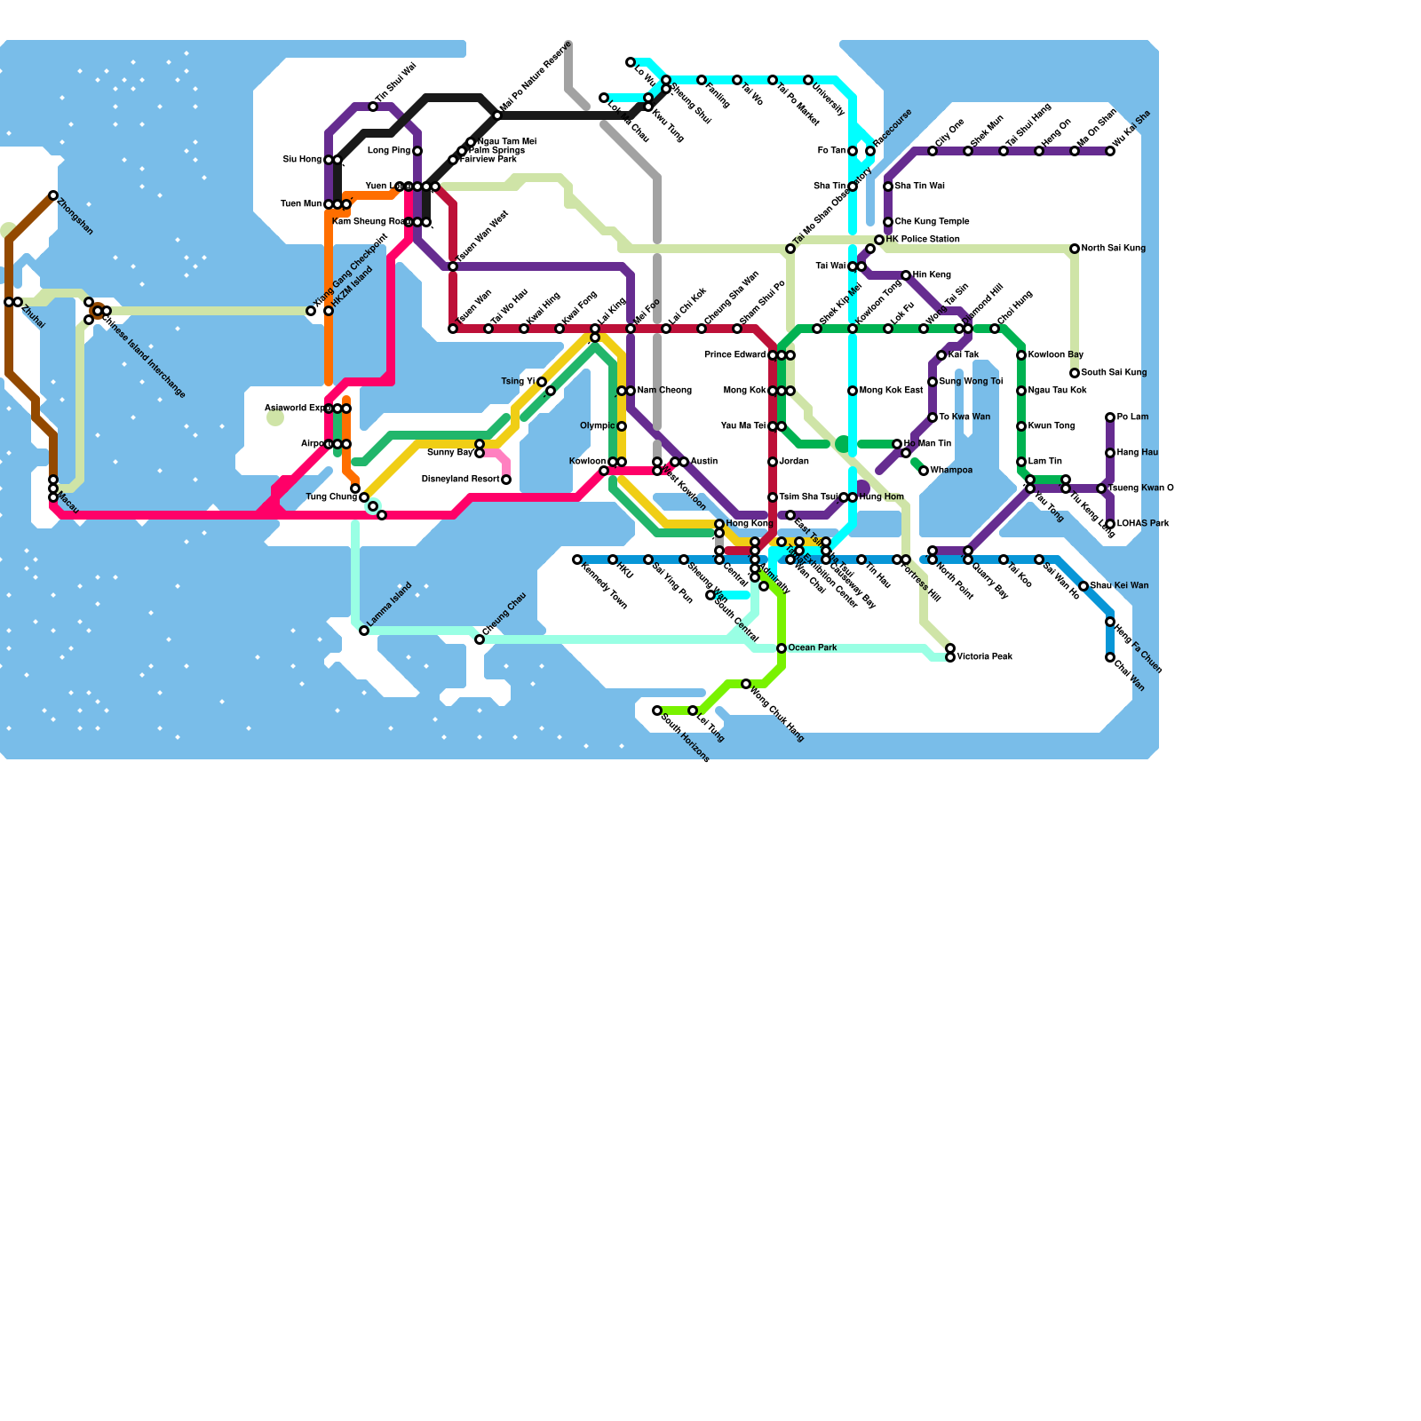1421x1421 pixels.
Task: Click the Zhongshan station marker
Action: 53,195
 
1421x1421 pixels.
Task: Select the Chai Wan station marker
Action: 1110,657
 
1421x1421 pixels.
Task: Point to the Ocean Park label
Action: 813,648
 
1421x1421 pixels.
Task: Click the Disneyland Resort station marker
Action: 506,480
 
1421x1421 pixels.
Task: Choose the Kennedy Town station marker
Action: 577,560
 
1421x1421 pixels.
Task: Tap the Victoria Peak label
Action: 985,657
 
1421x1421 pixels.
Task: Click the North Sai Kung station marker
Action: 1075,249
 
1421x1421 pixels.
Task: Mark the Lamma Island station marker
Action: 364,631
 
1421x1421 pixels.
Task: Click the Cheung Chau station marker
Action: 480,639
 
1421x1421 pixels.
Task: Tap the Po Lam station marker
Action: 1110,417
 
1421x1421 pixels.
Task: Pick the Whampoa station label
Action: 951,471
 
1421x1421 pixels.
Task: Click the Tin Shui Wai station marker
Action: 373,107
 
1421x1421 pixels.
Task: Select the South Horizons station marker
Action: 657,710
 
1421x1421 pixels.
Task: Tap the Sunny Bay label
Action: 450,453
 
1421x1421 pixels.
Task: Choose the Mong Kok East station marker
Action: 853,391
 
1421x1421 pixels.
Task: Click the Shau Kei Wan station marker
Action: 1084,586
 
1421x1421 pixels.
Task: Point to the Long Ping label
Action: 389,151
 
